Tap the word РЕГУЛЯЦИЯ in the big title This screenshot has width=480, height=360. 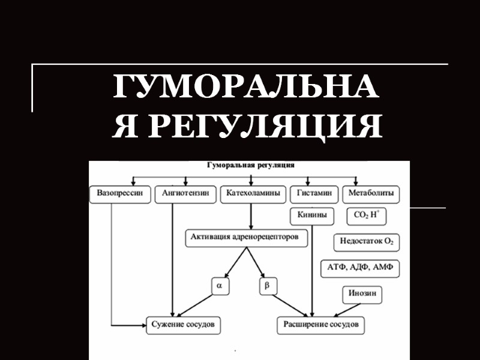coord(265,127)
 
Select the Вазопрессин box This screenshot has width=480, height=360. coord(120,194)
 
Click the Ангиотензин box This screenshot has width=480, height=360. coord(186,194)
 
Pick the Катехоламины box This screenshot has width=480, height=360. coord(253,194)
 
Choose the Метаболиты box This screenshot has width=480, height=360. coord(371,194)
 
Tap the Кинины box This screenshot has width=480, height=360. coord(312,214)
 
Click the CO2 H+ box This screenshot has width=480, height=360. coord(367,214)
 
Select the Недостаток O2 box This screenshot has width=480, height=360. coord(367,242)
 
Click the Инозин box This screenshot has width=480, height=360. coord(363,295)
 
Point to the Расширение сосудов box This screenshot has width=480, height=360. coord(320,325)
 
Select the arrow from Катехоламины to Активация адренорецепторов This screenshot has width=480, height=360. coord(251,216)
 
